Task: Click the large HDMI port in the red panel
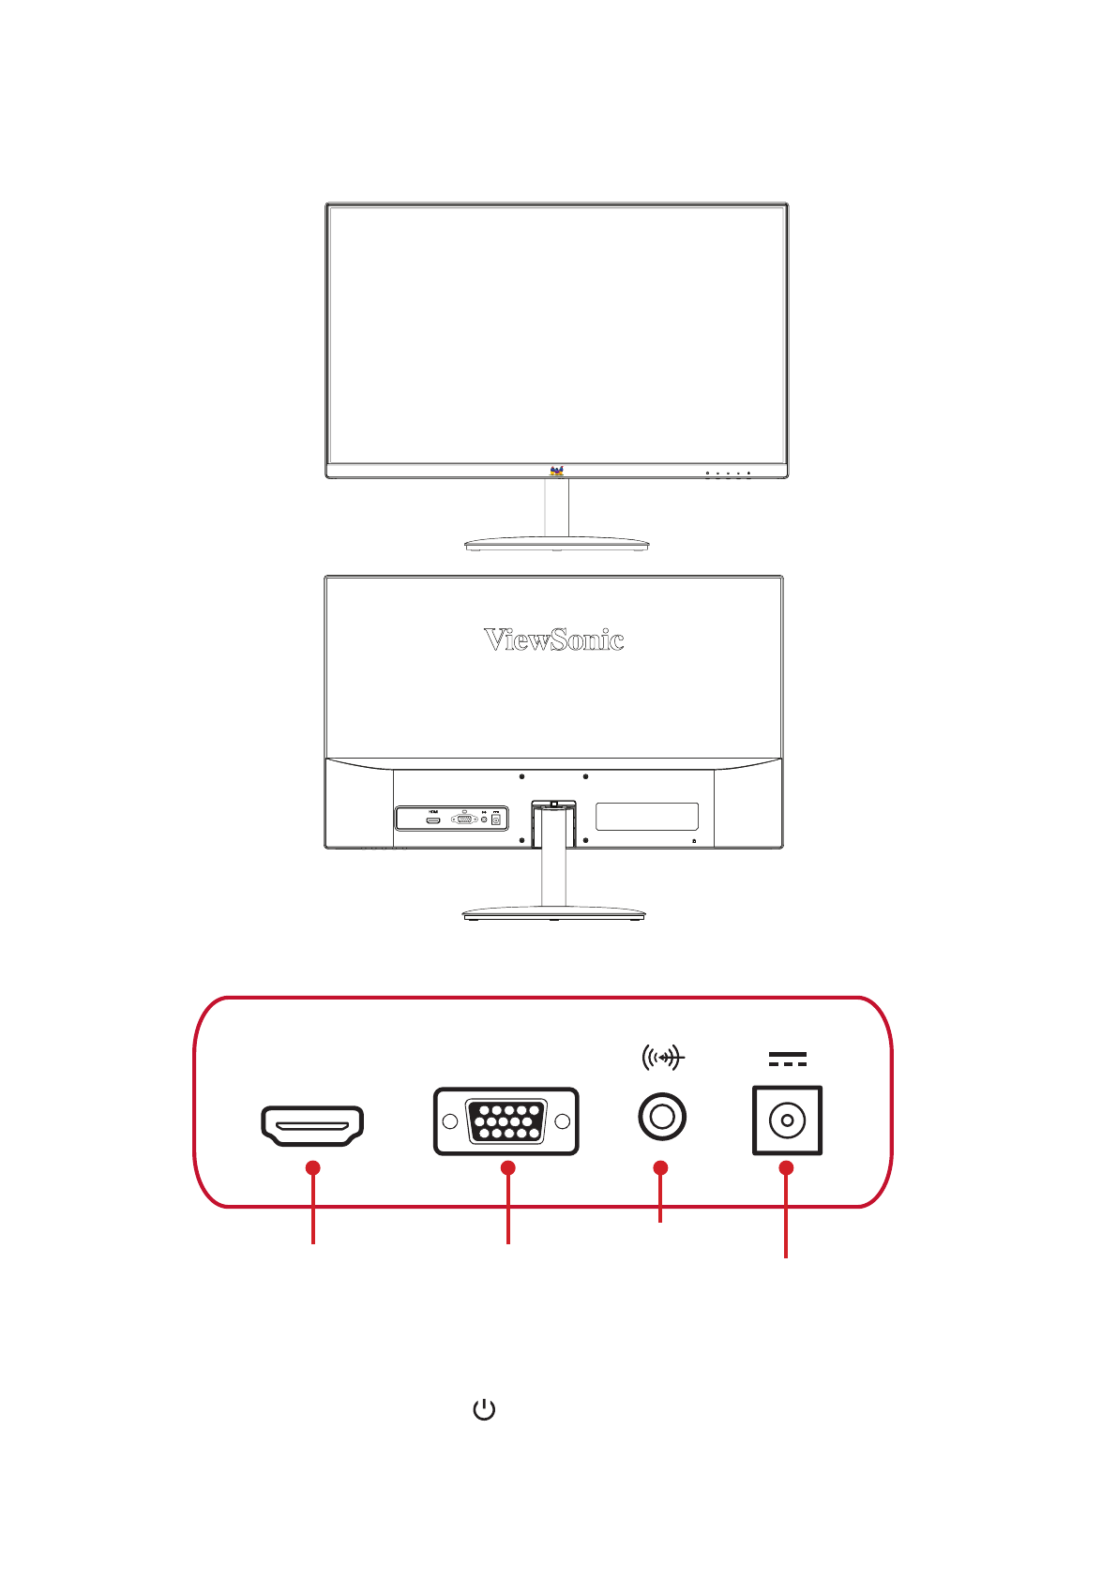click(312, 1125)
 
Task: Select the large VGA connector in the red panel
click(506, 1121)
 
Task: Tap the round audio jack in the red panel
click(661, 1117)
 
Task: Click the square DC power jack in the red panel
click(787, 1120)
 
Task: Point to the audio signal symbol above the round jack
click(663, 1059)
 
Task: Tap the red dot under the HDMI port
click(313, 1167)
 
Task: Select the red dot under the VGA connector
click(507, 1167)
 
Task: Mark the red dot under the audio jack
click(661, 1167)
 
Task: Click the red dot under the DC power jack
click(786, 1167)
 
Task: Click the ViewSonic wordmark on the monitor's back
click(553, 640)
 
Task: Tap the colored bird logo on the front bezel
click(556, 471)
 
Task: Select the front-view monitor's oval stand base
click(556, 543)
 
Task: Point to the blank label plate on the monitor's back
click(647, 816)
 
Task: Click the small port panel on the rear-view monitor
click(451, 819)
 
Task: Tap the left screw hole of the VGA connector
click(450, 1121)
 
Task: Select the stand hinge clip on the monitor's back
click(554, 804)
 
